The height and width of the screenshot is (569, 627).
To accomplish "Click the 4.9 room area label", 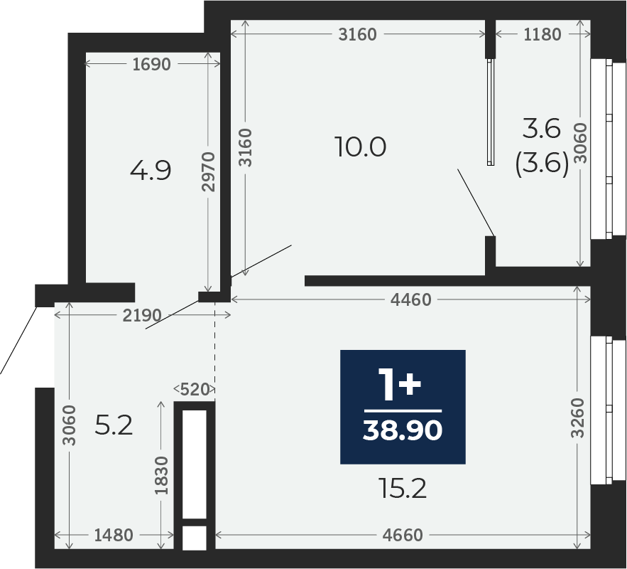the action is click(151, 170).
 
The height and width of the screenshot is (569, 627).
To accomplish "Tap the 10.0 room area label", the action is click(361, 147).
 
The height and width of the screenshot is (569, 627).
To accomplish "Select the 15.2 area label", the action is click(403, 489).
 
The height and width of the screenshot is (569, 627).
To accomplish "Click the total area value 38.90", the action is click(403, 430).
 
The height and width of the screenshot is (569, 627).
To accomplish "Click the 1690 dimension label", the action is click(151, 64).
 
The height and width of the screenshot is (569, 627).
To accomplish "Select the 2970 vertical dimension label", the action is click(208, 171).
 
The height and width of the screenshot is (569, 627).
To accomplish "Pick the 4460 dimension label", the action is click(411, 299).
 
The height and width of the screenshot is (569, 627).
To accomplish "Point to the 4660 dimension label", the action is click(403, 535).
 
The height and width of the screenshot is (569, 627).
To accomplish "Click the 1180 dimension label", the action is click(543, 34).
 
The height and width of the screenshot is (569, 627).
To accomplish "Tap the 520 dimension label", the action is click(195, 389).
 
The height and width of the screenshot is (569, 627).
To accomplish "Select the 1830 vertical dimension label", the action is click(162, 476).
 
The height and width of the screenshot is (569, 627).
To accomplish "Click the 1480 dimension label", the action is click(113, 535).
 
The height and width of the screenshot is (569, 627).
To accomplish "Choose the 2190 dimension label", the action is click(142, 316).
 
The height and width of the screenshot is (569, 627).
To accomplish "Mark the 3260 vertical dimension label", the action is click(577, 418).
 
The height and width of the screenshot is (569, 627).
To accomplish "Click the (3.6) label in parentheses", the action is click(543, 164).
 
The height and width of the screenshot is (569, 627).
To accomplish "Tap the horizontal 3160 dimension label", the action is click(357, 34).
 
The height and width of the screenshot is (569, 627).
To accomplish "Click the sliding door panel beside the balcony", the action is click(491, 112).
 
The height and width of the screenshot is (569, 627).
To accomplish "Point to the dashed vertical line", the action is click(214, 351).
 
